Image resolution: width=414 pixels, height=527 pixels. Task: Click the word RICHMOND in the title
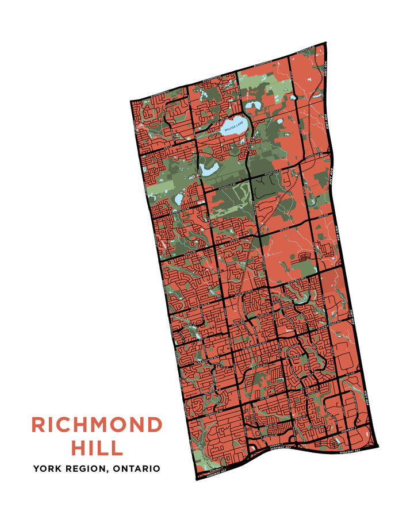97,425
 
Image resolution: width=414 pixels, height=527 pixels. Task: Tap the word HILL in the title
97,447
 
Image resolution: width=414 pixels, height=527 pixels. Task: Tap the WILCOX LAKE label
234,130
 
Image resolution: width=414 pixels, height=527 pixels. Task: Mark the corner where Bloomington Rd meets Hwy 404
325,44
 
